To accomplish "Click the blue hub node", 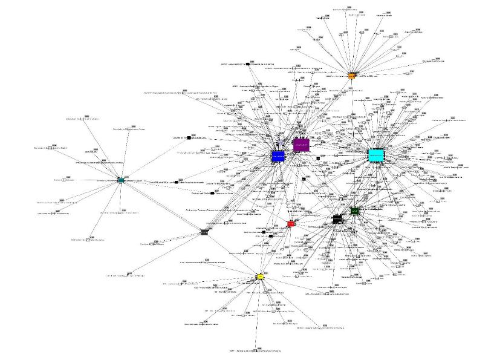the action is coord(278,156).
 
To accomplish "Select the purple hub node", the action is coord(301,145).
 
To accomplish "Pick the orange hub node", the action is coord(351,76).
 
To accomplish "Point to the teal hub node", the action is coord(121,180).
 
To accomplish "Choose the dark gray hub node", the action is coord(204,231).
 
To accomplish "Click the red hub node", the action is coord(291,224).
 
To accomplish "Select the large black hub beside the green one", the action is coord(338,219).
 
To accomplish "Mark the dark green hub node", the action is coord(355,211).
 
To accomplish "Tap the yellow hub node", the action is coord(260,277).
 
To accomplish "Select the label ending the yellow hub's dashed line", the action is coord(257,352).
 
